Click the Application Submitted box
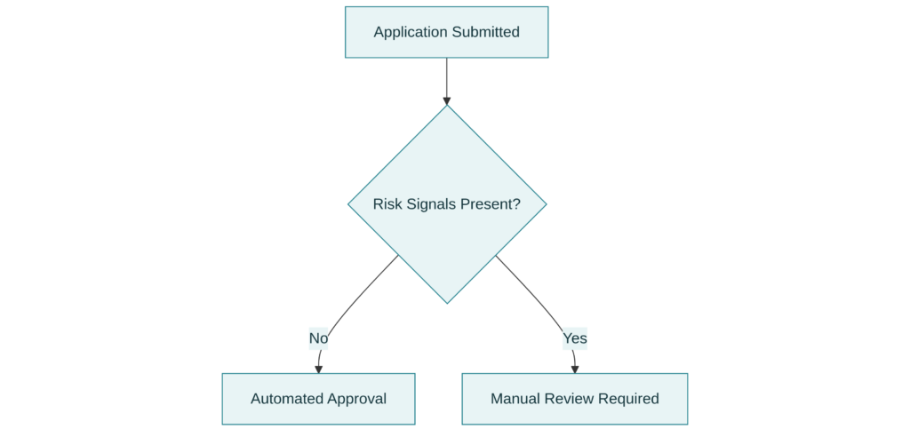446,33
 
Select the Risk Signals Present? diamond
446,203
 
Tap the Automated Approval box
318,399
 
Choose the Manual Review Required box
574,399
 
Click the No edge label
318,338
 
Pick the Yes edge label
575,338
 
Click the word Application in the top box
411,33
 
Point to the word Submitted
485,33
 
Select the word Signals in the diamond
430,204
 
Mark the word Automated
286,399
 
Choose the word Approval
355,399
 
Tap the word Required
628,399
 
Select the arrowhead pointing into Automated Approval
318,368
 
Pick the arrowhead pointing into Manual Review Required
575,368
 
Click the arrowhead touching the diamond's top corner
446,99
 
